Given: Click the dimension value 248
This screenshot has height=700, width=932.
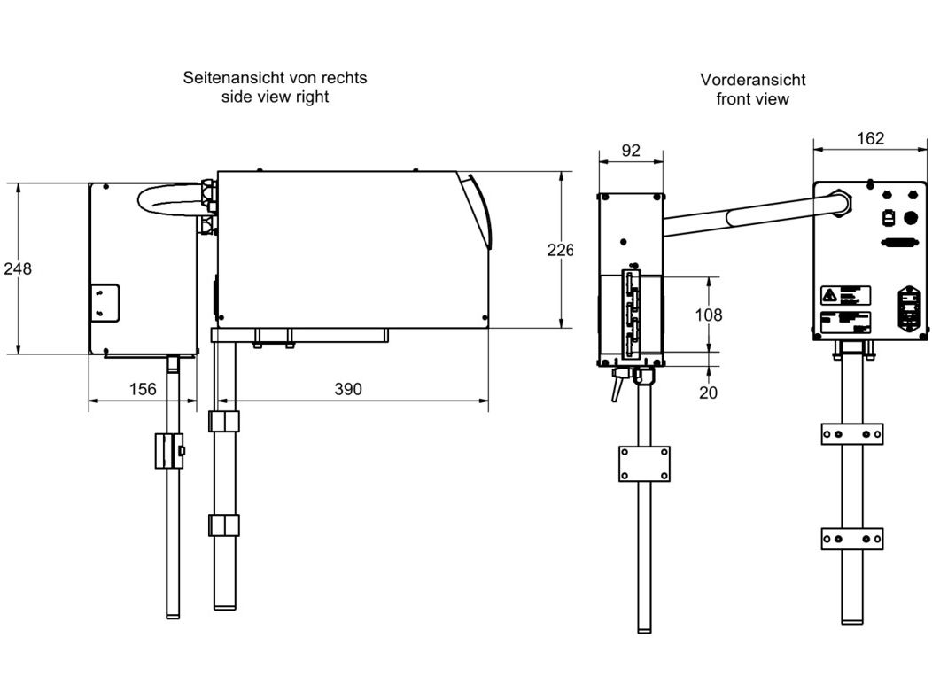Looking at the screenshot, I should [x=17, y=268].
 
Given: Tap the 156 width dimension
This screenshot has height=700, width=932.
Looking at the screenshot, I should [x=142, y=389].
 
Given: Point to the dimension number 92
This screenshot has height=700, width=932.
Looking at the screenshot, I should [x=630, y=151].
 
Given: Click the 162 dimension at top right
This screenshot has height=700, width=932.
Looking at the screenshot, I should [x=871, y=138].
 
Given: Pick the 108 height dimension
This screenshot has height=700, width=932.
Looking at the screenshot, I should [x=709, y=315].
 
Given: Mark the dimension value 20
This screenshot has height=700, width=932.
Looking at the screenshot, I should [x=708, y=393].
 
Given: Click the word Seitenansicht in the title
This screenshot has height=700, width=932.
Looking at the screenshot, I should [x=226, y=78].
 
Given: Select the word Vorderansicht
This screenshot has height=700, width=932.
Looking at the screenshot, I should [x=752, y=80].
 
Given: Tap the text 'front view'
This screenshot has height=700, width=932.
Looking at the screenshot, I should [x=752, y=99].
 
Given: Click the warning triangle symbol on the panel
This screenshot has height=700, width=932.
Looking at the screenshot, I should [x=828, y=294].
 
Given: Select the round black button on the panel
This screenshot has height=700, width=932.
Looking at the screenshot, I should [x=911, y=218].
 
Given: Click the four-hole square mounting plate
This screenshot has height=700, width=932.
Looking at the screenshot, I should [x=644, y=463].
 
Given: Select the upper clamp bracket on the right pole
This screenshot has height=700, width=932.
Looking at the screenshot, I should [x=851, y=433].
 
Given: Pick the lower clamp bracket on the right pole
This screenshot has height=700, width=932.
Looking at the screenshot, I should [x=851, y=538].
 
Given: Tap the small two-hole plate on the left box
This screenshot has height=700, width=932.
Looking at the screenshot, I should [x=105, y=302].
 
